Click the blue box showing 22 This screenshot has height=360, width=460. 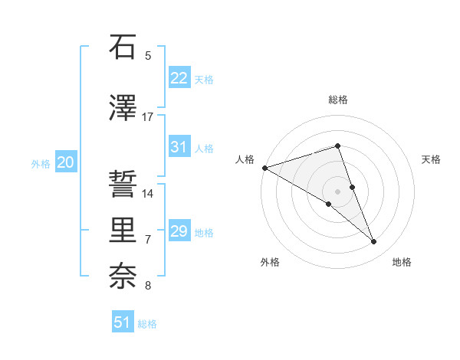tap(179, 78)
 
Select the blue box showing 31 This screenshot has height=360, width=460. tap(179, 147)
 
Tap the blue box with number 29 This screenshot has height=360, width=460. tap(179, 231)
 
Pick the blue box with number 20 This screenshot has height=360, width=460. tap(66, 162)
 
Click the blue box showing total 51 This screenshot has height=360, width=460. tap(123, 322)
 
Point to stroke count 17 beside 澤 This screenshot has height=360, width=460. tap(148, 117)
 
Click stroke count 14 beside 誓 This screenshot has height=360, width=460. tap(149, 194)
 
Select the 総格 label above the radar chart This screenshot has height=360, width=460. tap(338, 100)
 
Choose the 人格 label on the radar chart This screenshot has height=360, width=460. tap(245, 159)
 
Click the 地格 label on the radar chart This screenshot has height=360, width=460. tap(402, 262)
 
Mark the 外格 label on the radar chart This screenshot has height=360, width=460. tap(270, 262)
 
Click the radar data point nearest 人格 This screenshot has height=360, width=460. tap(264, 168)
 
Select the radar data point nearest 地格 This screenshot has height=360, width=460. tap(374, 242)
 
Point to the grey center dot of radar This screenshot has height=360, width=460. tap(338, 191)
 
